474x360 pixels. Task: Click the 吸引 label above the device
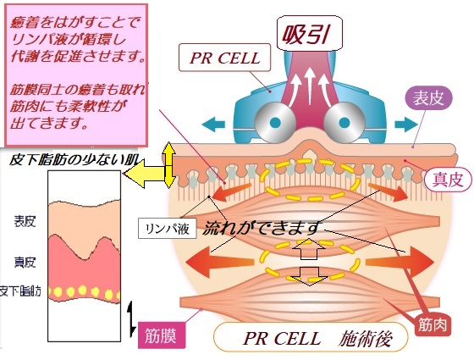[310, 34]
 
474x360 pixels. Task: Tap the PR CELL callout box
[224, 58]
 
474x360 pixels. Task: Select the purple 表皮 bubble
[428, 98]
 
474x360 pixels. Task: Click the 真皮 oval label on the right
[448, 180]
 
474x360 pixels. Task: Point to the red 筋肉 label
[433, 325]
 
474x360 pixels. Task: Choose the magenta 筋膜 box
[161, 335]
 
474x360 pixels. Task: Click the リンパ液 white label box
[168, 229]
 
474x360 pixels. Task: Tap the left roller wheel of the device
[275, 123]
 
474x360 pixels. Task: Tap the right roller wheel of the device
[344, 123]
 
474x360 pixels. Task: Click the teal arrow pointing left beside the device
[213, 124]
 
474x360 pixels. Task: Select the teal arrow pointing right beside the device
[406, 124]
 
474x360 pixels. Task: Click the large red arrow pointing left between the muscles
[219, 262]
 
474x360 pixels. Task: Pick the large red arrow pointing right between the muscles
[400, 262]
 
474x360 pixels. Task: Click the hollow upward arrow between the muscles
[309, 249]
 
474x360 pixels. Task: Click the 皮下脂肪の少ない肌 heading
[74, 159]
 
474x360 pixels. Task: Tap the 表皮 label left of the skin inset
[25, 221]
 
